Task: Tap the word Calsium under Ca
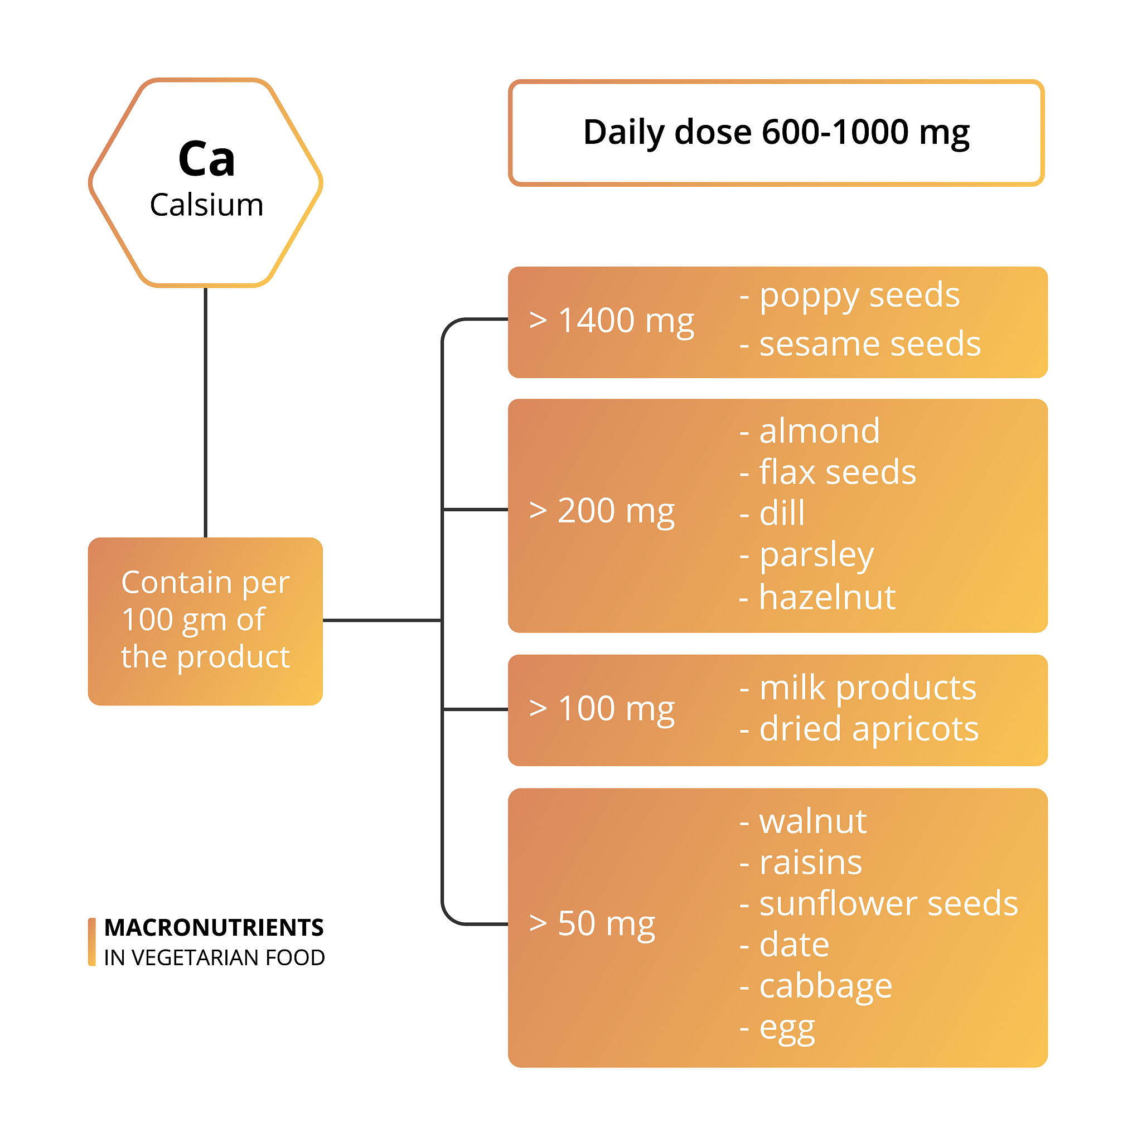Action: pyautogui.click(x=206, y=205)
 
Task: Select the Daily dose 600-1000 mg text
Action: pyautogui.click(x=776, y=132)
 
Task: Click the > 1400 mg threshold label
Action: pyautogui.click(x=611, y=321)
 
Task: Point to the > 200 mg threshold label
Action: pyautogui.click(x=602, y=511)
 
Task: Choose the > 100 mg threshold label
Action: pyautogui.click(x=602, y=709)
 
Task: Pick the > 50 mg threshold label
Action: pyautogui.click(x=592, y=923)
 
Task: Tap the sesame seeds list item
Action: pyautogui.click(x=869, y=344)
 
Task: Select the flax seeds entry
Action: pyautogui.click(x=836, y=472)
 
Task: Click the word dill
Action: pyautogui.click(x=781, y=513)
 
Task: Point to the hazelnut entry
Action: pyautogui.click(x=826, y=597)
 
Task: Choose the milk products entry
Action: pyautogui.click(x=867, y=688)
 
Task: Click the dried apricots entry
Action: pyautogui.click(x=868, y=729)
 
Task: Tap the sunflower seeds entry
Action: pyautogui.click(x=887, y=904)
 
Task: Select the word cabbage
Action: pyautogui.click(x=825, y=986)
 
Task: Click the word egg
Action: pyautogui.click(x=786, y=1028)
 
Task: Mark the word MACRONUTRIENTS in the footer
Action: pyautogui.click(x=214, y=927)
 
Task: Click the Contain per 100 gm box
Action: pyautogui.click(x=205, y=621)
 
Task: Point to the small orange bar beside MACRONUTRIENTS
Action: pyautogui.click(x=91, y=942)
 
